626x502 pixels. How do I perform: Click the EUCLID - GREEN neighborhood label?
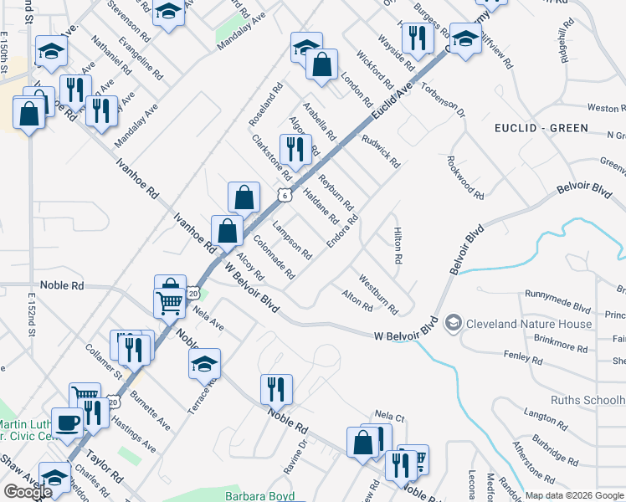click(541, 128)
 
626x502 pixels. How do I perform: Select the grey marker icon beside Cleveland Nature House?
click(453, 323)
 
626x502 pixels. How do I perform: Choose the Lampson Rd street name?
click(293, 240)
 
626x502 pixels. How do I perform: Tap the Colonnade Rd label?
click(274, 260)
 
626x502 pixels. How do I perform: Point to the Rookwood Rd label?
click(465, 177)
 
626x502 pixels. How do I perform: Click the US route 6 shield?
click(285, 195)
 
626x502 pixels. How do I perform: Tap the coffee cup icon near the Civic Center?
click(67, 421)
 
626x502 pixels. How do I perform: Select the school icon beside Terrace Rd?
click(203, 363)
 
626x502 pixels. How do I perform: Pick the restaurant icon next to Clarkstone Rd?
click(294, 149)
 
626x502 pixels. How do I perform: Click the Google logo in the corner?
click(27, 492)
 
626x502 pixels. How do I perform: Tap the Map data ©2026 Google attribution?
click(574, 495)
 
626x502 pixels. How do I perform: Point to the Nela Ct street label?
click(389, 415)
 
